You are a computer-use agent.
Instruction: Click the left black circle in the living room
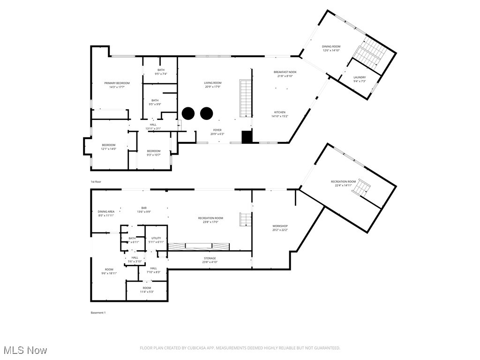[x=188, y=113]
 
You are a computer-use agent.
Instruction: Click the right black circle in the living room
[x=206, y=113]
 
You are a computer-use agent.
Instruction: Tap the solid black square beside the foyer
[x=247, y=136]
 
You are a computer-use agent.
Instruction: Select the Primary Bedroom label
[x=117, y=83]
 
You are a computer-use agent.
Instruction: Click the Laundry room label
[x=360, y=77]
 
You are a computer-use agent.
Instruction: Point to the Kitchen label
[x=280, y=112]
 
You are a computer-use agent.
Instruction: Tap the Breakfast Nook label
[x=285, y=72]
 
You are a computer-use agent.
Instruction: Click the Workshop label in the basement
[x=280, y=226]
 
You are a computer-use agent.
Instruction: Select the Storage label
[x=210, y=258]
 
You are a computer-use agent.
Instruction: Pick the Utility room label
[x=156, y=239]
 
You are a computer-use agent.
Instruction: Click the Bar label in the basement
[x=144, y=208]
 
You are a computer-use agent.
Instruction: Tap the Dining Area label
[x=106, y=211]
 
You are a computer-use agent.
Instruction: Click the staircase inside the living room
[x=246, y=98]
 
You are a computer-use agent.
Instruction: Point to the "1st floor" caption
[x=96, y=181]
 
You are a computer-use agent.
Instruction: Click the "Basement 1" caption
[x=98, y=313]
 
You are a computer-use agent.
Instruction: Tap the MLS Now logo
[x=25, y=350]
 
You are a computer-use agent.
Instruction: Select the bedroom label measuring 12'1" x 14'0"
[x=108, y=145]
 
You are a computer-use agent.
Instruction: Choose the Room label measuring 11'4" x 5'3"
[x=147, y=288]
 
